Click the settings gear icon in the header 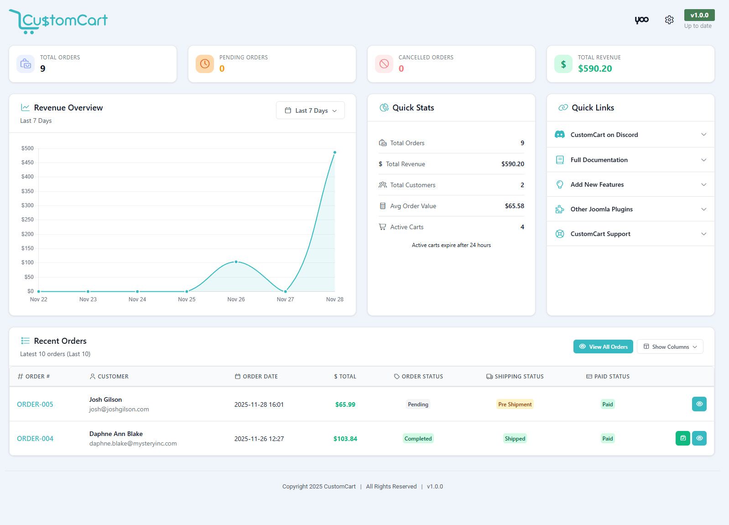click(x=669, y=20)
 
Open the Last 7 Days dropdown click(x=310, y=110)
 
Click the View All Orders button click(x=603, y=346)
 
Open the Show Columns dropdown click(x=670, y=346)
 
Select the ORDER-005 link click(x=35, y=404)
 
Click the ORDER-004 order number click(x=35, y=439)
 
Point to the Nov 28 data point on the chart click(x=335, y=152)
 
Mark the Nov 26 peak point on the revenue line click(x=236, y=262)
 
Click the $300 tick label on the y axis click(x=27, y=205)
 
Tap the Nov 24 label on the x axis click(x=137, y=299)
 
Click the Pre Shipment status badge click(x=515, y=404)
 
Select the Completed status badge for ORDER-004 click(x=418, y=439)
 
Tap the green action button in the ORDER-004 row click(x=682, y=438)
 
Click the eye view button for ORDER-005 click(x=699, y=404)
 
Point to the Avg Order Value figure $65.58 click(x=514, y=206)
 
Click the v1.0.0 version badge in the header click(x=699, y=15)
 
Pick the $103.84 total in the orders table click(x=345, y=439)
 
